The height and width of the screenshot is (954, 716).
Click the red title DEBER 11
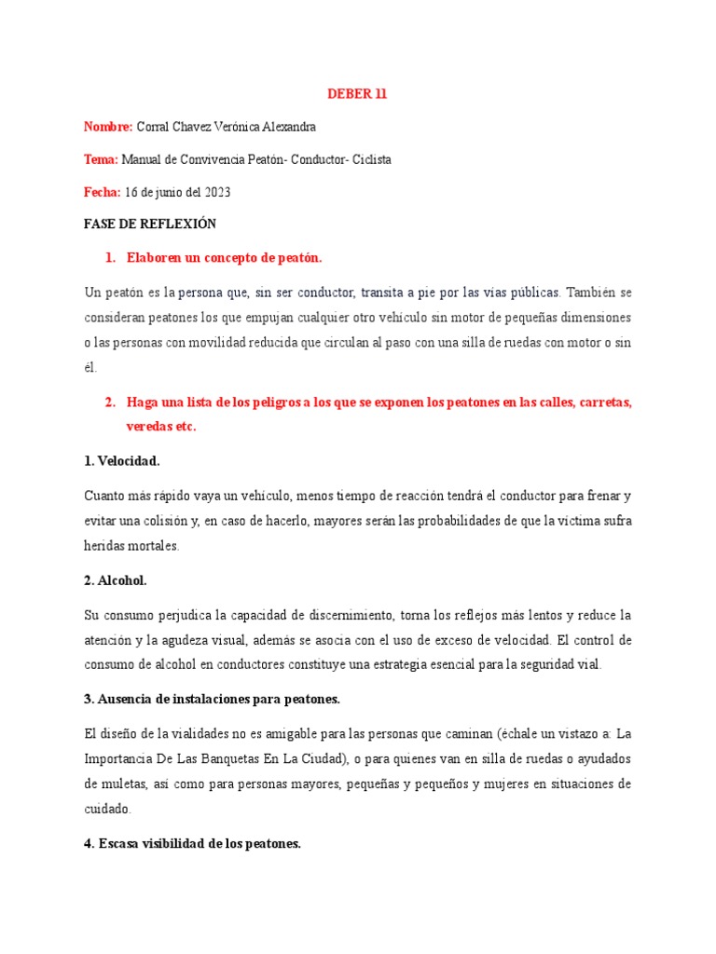[357, 94]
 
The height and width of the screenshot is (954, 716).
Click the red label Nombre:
[108, 127]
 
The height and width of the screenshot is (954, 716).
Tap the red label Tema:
[102, 159]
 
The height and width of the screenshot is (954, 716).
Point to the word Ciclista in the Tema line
[372, 159]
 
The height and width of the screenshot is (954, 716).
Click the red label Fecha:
[103, 192]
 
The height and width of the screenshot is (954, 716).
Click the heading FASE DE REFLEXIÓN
[149, 225]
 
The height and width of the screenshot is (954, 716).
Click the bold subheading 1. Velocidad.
[121, 460]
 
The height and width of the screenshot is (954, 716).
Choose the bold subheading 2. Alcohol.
[116, 580]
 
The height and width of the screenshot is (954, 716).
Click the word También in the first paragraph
[592, 291]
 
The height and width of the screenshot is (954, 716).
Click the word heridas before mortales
[103, 546]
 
